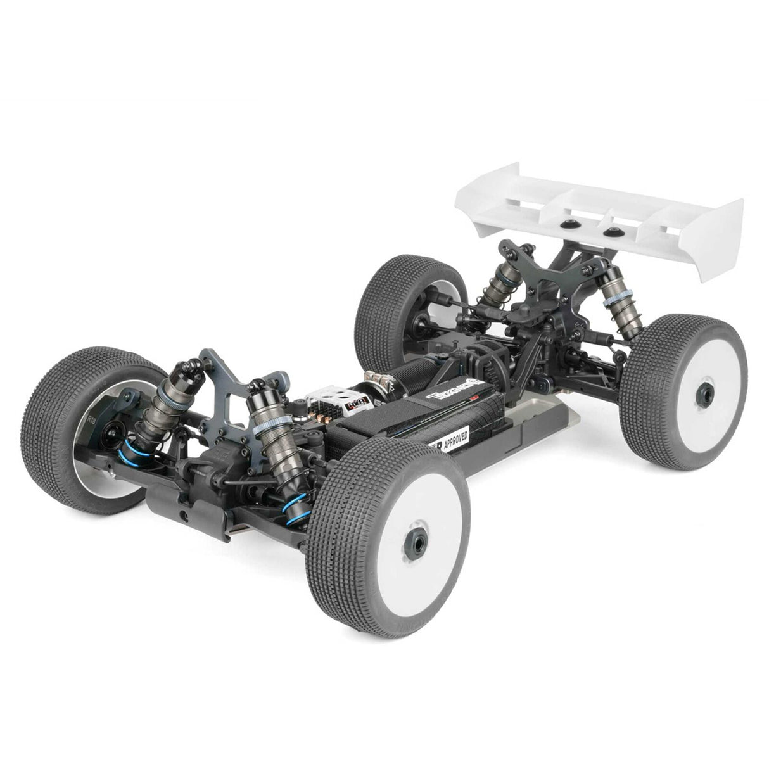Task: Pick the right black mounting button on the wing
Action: [610, 232]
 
